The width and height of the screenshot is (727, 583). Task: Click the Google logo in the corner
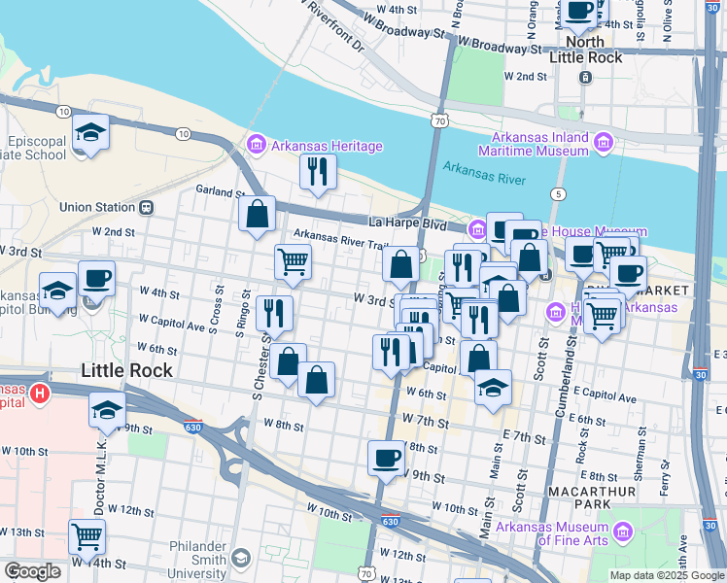(32, 571)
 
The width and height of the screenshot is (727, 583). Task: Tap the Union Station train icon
(147, 206)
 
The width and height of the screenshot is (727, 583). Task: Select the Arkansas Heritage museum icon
(257, 146)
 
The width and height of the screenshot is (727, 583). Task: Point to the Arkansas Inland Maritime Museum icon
(603, 144)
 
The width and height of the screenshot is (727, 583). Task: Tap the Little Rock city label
(126, 370)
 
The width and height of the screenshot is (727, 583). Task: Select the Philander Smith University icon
(240, 558)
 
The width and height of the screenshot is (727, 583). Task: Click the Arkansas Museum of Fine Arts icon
(621, 533)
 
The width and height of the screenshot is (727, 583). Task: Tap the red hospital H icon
(39, 394)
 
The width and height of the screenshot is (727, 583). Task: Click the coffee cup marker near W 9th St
(386, 457)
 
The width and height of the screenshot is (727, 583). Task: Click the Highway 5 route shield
(556, 193)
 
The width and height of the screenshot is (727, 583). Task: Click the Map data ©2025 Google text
(666, 575)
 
